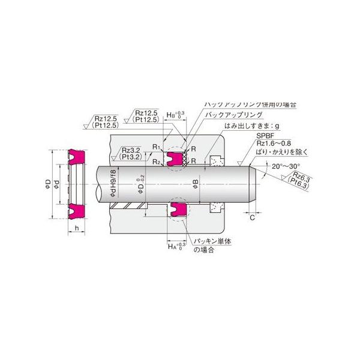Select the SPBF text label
click(247, 137)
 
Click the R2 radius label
click(155, 162)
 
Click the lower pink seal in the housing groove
click(176, 209)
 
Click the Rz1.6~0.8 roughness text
click(258, 145)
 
